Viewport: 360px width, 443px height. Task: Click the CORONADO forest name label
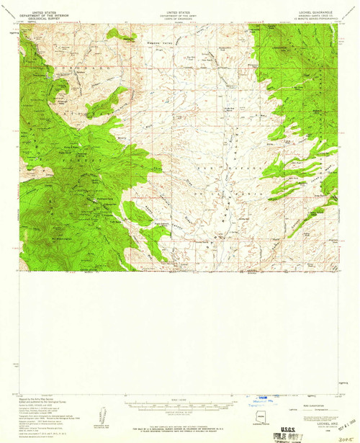point(68,66)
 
